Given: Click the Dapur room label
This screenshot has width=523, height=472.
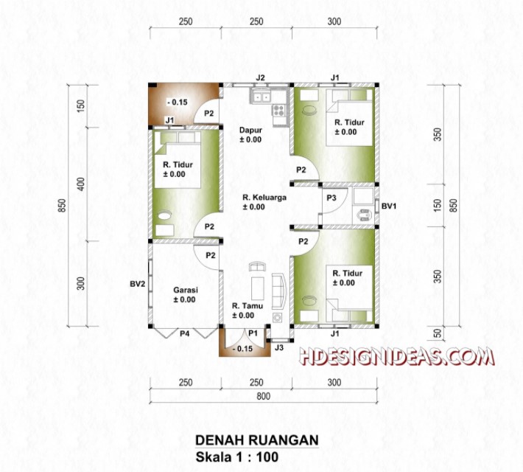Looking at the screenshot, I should point(251,131).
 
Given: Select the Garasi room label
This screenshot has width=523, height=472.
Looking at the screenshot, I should point(184,290).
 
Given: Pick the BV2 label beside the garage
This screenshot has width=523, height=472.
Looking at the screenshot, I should point(136,282).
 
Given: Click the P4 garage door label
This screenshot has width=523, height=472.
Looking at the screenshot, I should point(185,334).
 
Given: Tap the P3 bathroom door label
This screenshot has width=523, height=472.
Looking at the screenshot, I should point(331,198).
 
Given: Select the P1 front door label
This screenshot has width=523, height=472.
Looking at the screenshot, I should point(252,334).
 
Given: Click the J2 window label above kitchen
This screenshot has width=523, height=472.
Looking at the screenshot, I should point(260,77).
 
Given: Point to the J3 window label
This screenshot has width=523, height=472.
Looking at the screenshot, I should point(279,347).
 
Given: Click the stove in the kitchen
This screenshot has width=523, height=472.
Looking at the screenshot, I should point(279,111).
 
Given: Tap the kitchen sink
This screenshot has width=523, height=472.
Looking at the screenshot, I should point(261,96).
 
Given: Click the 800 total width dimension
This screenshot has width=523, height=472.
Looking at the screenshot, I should point(262,396).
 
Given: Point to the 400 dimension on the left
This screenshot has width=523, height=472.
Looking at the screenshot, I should point(81,184).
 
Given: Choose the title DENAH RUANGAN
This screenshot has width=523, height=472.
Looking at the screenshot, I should point(256,440).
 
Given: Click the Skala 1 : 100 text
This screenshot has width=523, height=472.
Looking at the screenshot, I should point(236,457).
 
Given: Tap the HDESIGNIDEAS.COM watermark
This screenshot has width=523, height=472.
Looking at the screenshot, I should point(396,358).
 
